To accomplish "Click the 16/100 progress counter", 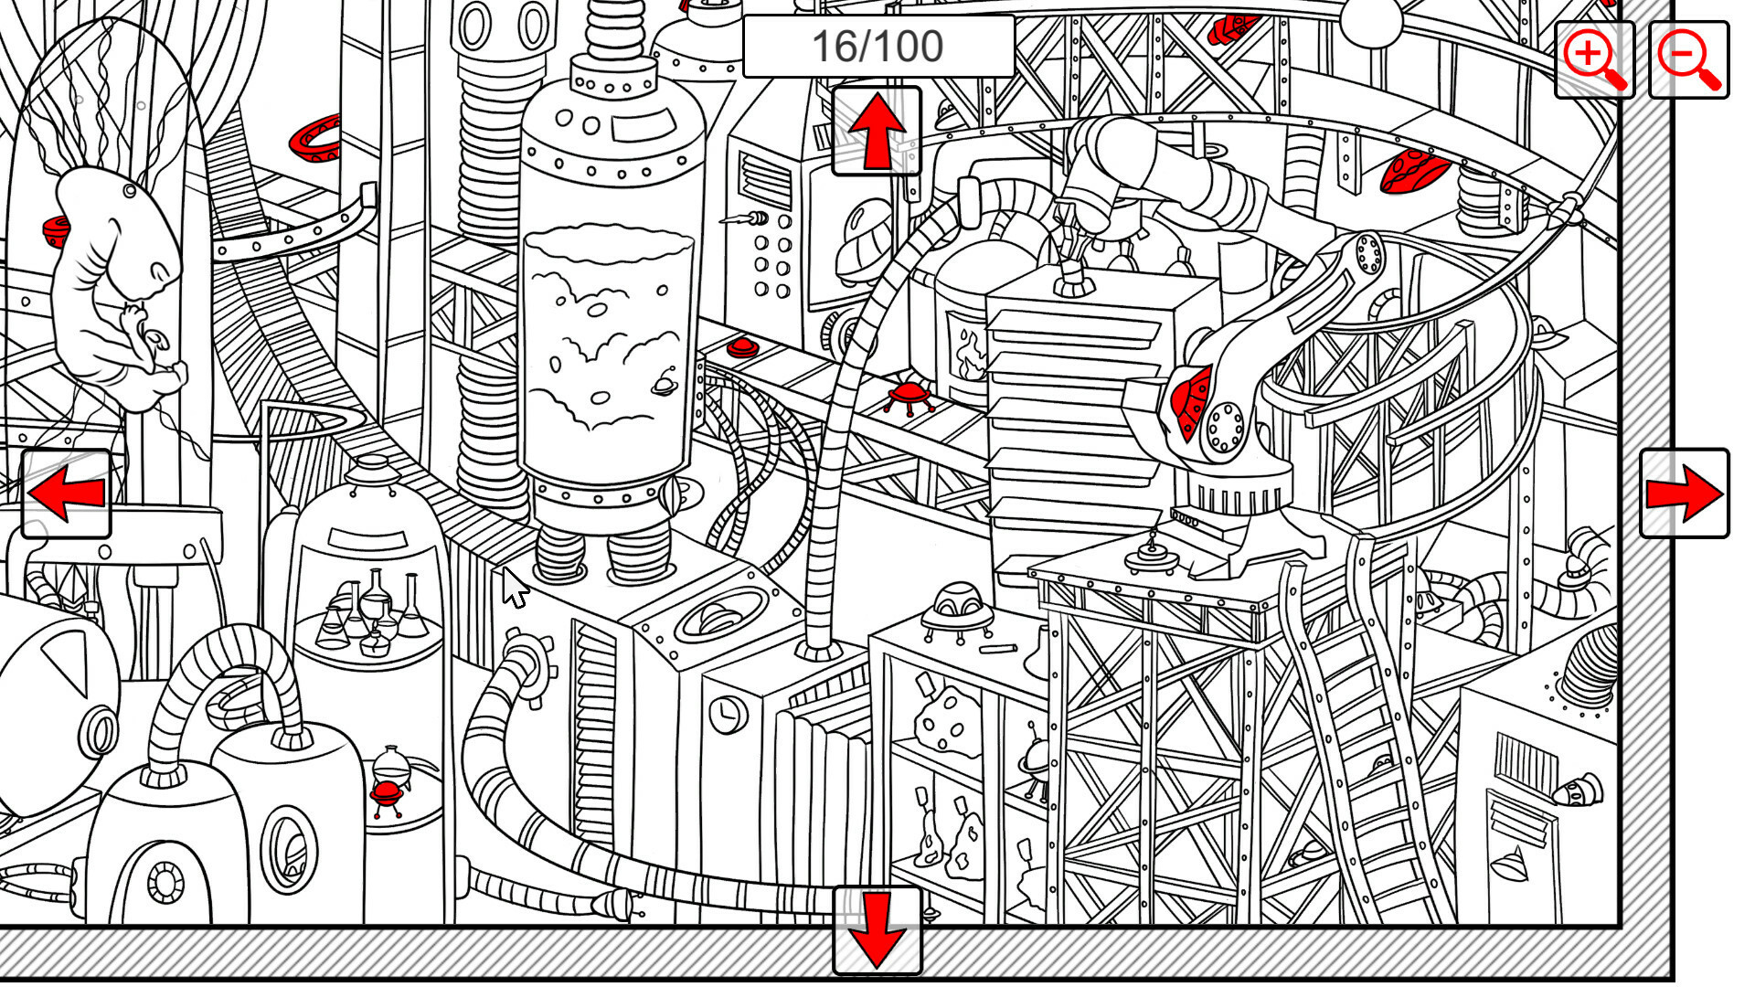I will (x=877, y=46).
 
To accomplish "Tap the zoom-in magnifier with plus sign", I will (x=1594, y=59).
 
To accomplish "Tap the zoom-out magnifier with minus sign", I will (x=1688, y=59).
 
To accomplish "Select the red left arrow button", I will (x=66, y=493).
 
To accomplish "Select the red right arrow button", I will (x=1684, y=493).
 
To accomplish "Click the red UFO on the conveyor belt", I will (x=908, y=396).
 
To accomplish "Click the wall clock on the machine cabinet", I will (x=728, y=713).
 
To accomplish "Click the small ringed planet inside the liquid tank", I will (x=665, y=386).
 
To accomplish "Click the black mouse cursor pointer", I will (x=514, y=587).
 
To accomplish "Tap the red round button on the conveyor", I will (x=741, y=346).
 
